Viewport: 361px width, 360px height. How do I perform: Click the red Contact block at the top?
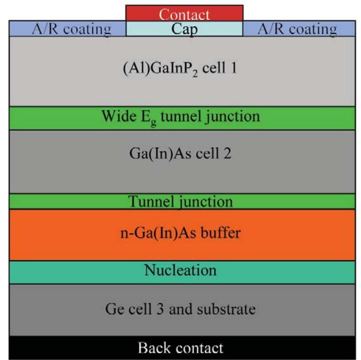(x=184, y=13)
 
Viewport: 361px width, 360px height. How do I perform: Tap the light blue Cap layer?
(x=184, y=29)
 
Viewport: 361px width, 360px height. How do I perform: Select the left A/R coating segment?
(x=67, y=29)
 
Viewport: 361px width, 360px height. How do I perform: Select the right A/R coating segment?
(x=299, y=29)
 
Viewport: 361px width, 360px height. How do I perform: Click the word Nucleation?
(x=180, y=270)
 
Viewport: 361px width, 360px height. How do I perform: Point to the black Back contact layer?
(x=182, y=348)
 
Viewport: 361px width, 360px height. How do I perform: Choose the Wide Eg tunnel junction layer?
(x=182, y=118)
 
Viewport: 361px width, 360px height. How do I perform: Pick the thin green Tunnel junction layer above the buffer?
(x=182, y=201)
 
